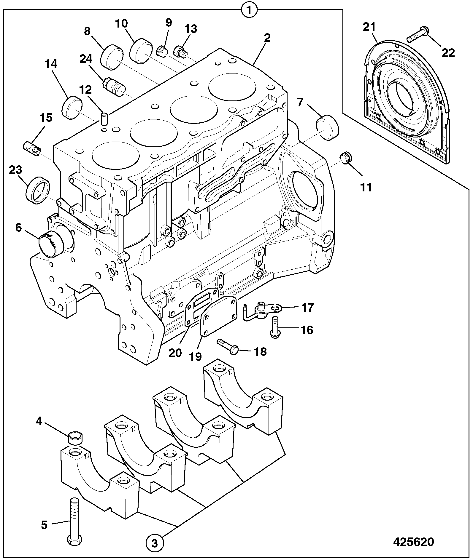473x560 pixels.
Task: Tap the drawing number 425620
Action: pyautogui.click(x=413, y=542)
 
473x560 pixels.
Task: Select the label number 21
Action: pyautogui.click(x=369, y=27)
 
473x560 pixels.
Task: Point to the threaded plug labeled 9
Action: pyautogui.click(x=161, y=52)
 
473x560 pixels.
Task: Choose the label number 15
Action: pyautogui.click(x=46, y=118)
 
